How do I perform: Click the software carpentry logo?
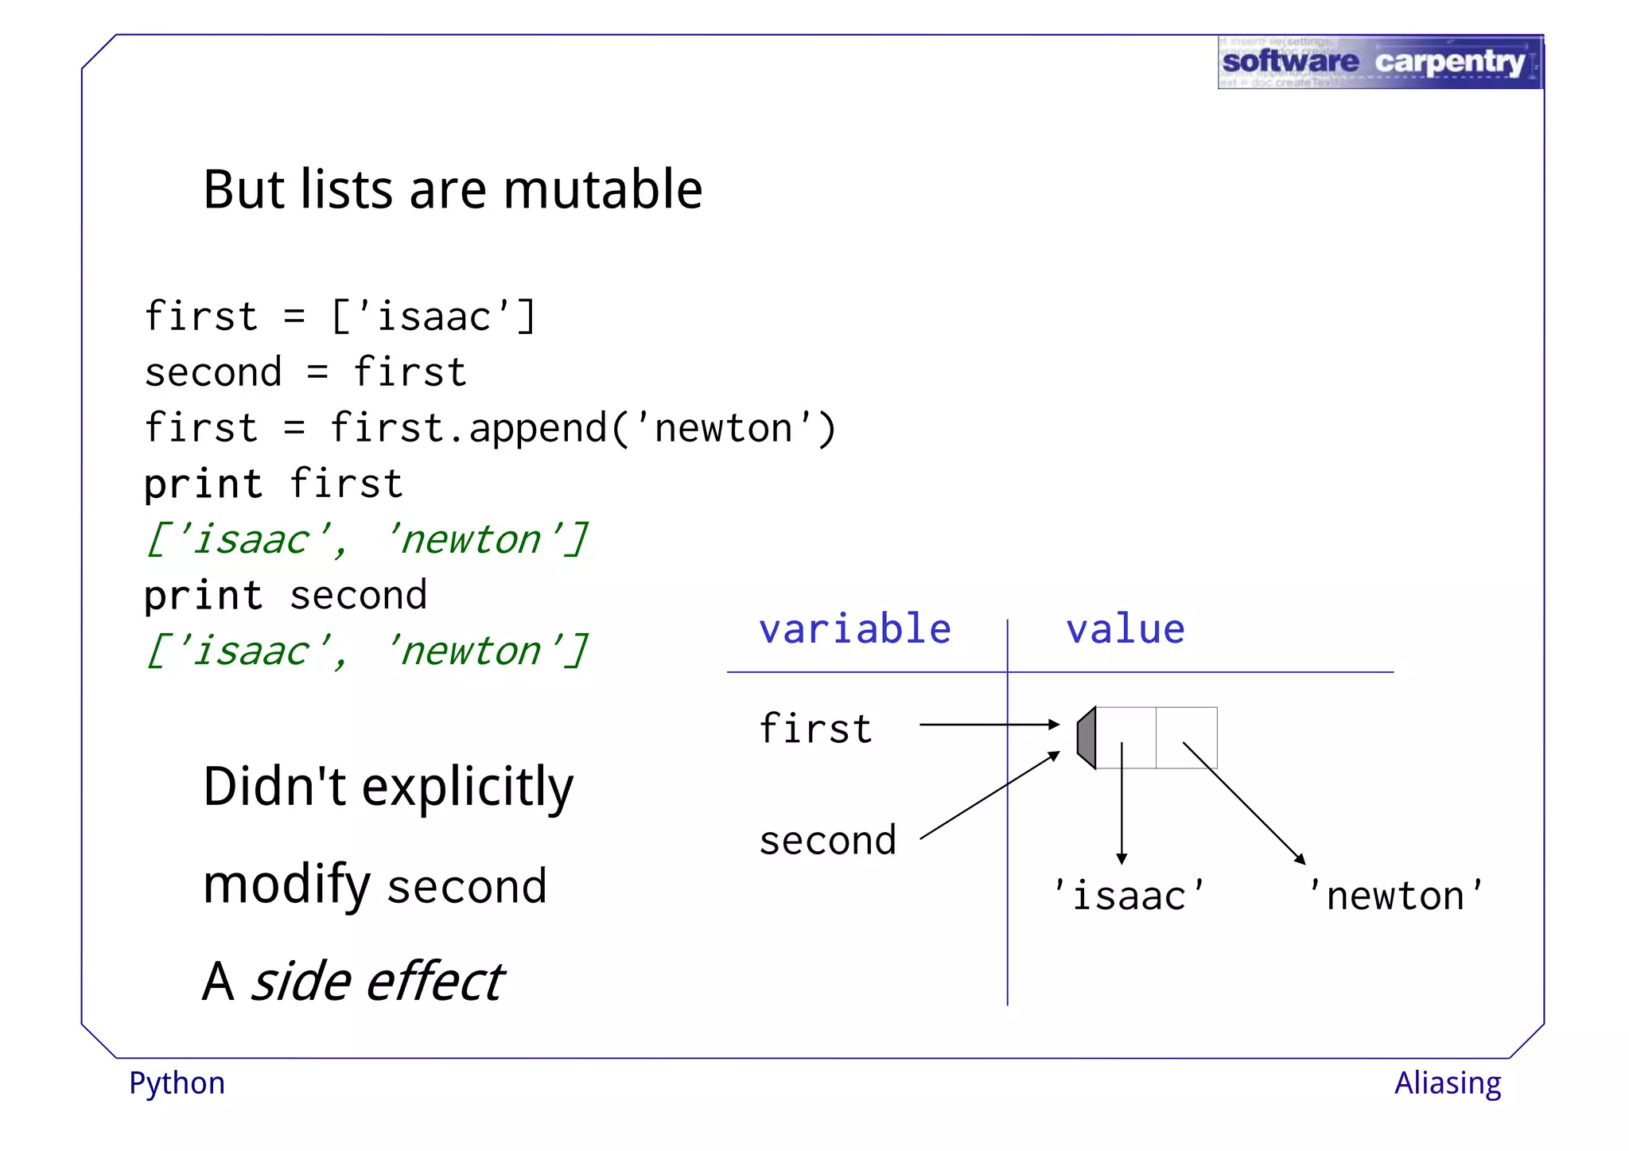pos(1380,62)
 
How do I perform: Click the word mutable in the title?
pos(602,190)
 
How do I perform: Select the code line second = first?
pos(305,372)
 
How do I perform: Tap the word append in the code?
pos(538,429)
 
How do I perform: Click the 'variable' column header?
pos(855,629)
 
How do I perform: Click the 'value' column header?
pos(1125,629)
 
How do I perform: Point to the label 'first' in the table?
pos(816,728)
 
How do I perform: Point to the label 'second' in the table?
pos(828,840)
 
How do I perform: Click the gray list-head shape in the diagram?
pos(1087,737)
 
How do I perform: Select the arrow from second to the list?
pos(989,796)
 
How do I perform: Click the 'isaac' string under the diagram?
pos(1129,896)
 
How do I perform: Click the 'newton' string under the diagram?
pos(1396,896)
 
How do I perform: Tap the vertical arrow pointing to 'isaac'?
pos(1122,803)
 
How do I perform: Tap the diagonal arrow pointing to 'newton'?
pos(1243,803)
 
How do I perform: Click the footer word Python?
pos(177,1083)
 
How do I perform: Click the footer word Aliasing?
pos(1448,1083)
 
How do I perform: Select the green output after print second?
pos(367,651)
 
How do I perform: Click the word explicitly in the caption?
pos(468,787)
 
